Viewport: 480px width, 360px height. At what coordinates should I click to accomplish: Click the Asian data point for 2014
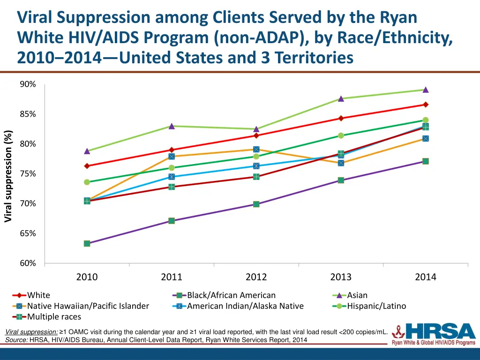coord(426,90)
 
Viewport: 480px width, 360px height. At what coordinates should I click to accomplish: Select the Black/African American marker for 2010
coord(87,244)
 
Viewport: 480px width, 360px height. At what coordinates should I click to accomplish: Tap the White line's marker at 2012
coord(256,135)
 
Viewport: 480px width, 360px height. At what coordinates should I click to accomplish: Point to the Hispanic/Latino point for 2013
coord(341,135)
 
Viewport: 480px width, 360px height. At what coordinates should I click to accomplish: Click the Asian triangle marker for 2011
coord(172,126)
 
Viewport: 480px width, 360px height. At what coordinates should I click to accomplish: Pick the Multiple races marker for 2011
coord(172,187)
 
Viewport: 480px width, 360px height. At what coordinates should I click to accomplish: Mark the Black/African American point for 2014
coord(426,161)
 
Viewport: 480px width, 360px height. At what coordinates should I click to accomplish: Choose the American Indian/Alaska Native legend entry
coord(245,306)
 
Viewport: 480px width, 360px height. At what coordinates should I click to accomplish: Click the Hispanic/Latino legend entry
coord(376,306)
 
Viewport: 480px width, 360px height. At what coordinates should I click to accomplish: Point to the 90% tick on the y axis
coord(28,84)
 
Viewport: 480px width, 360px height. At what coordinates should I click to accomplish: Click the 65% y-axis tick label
coord(28,233)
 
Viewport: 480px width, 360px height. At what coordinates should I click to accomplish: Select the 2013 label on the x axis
coord(341,277)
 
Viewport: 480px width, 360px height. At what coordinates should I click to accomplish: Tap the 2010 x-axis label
coord(87,277)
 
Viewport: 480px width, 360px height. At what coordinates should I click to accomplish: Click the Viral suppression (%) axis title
coord(8,176)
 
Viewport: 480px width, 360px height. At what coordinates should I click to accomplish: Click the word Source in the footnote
coord(16,340)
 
